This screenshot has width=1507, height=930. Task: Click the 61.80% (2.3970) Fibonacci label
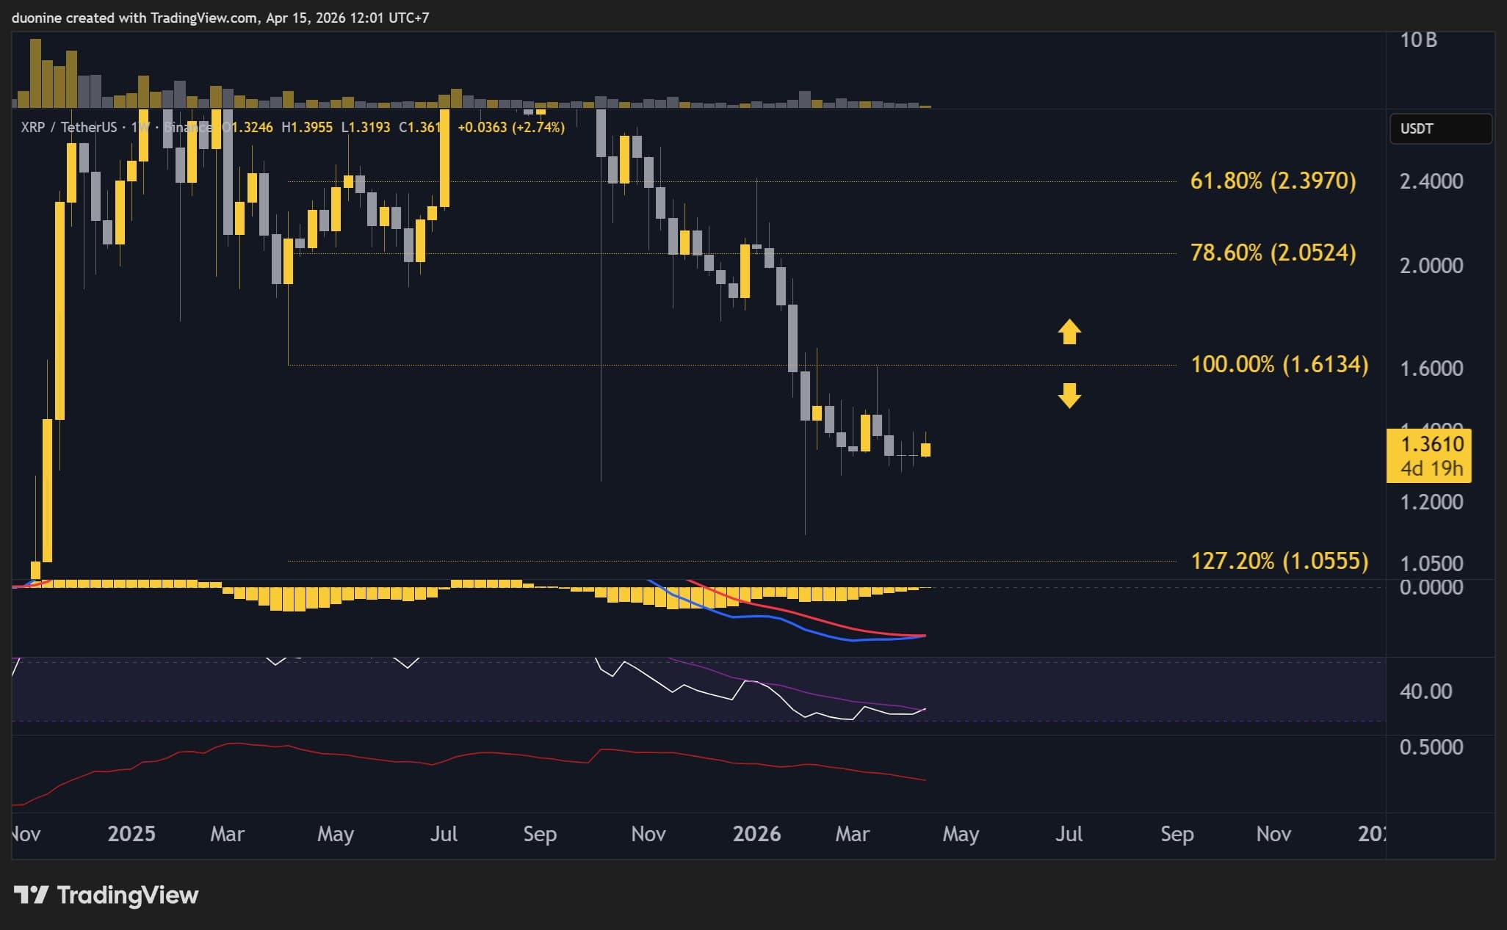coord(1273,181)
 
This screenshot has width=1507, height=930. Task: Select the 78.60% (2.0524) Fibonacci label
coord(1273,253)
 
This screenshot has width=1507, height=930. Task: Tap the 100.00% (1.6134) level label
coord(1279,364)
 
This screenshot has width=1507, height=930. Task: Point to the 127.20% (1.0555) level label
coord(1279,561)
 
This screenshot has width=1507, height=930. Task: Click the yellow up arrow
coord(1069,332)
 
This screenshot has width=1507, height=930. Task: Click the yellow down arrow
coord(1069,395)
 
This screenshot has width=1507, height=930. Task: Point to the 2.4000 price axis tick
coord(1431,181)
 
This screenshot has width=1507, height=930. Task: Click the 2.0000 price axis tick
coord(1431,265)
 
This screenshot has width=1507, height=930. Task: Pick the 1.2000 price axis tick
coord(1431,502)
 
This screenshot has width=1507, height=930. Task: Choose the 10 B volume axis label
coord(1418,40)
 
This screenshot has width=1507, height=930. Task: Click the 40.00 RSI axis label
coord(1425,691)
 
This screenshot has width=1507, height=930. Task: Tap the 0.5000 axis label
coord(1431,747)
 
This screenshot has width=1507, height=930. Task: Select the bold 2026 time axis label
coord(756,834)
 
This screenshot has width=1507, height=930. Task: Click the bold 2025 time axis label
coord(131,834)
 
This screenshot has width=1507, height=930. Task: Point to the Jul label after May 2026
coord(1069,834)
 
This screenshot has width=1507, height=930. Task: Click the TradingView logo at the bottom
coord(106,895)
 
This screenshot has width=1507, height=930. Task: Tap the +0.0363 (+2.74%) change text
coord(511,128)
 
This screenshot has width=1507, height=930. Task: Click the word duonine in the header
coord(37,18)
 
